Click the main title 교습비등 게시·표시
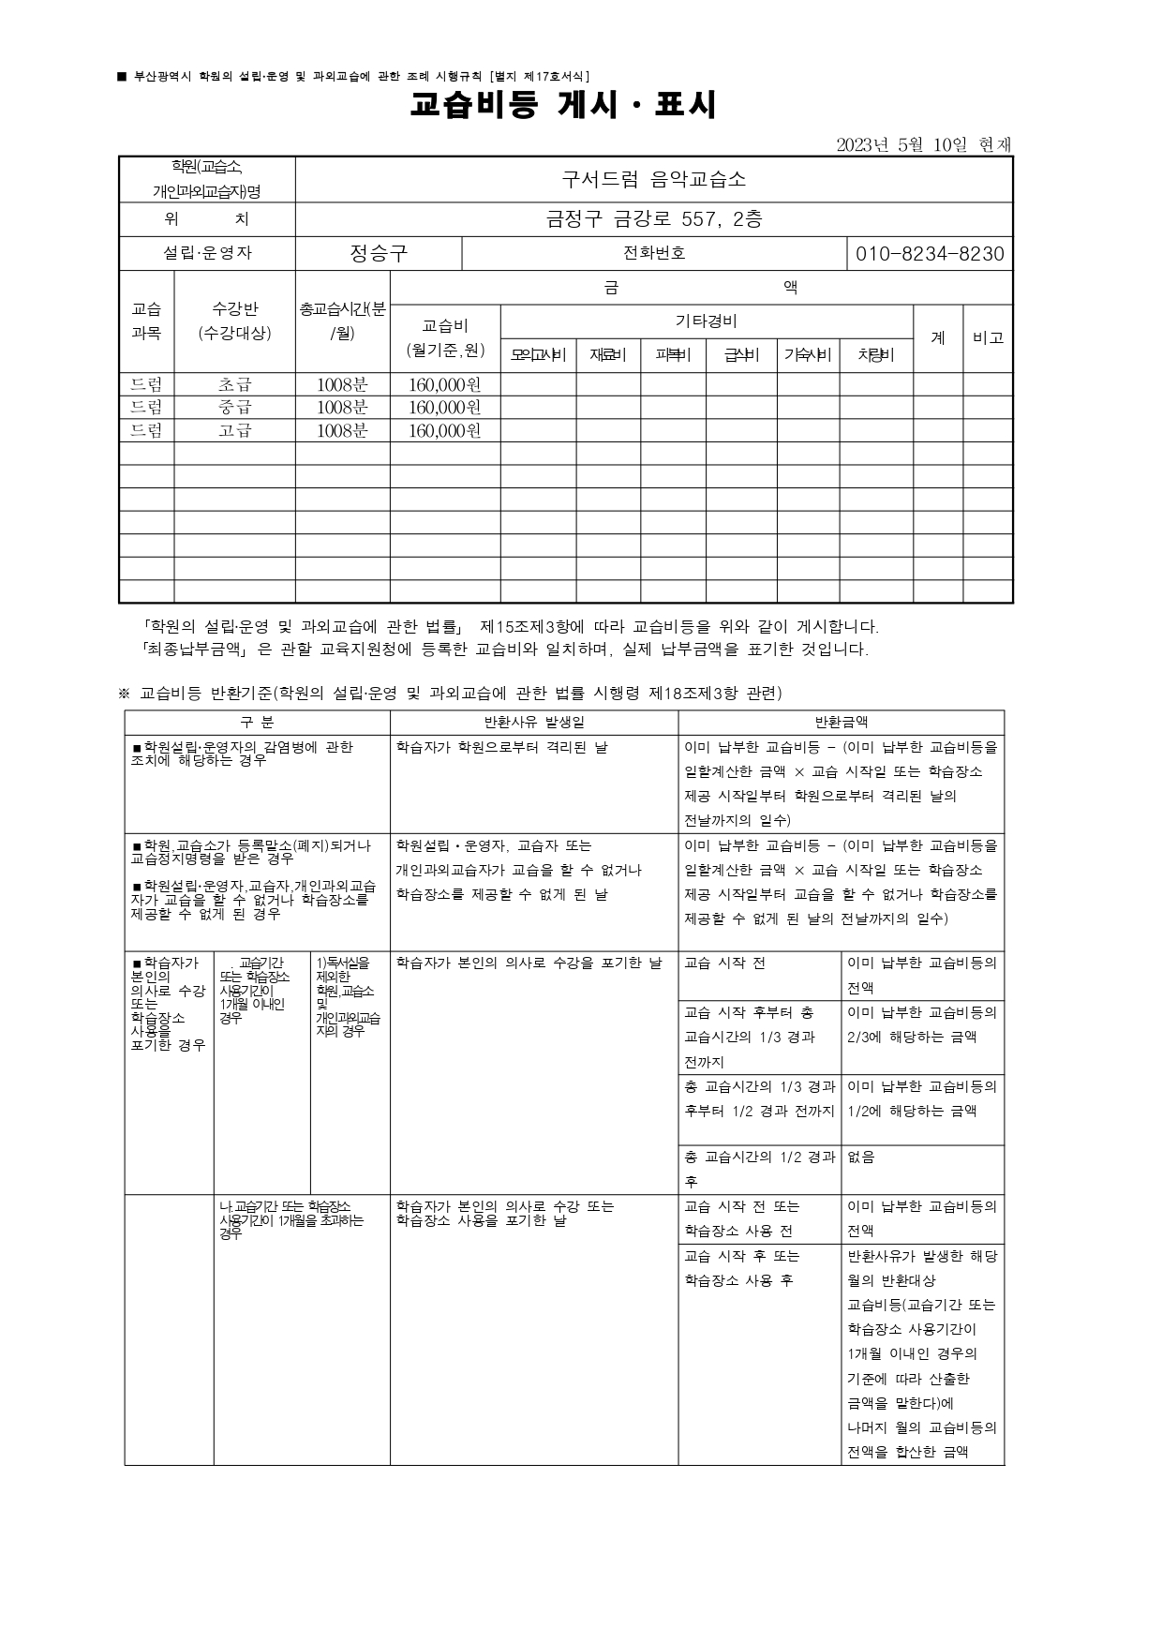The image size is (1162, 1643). click(x=563, y=106)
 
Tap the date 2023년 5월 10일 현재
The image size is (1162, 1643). click(x=924, y=144)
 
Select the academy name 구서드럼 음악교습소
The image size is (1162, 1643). click(x=654, y=179)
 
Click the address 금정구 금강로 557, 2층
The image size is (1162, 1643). click(x=654, y=219)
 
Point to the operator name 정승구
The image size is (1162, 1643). click(x=379, y=253)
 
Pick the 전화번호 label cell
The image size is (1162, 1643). click(x=654, y=253)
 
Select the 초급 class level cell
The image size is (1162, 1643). click(x=235, y=384)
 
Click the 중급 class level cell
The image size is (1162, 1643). click(x=235, y=408)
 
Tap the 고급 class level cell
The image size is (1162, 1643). click(x=235, y=430)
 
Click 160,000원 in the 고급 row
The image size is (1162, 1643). click(x=445, y=431)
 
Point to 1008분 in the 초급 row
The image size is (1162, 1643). click(x=342, y=384)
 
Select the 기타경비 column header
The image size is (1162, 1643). click(x=707, y=321)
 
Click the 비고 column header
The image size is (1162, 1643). click(x=988, y=337)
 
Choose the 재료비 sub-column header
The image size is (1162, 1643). click(x=608, y=355)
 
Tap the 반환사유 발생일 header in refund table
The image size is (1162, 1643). click(x=534, y=722)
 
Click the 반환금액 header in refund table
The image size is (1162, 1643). click(x=841, y=722)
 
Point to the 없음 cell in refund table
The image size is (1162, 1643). click(x=860, y=1158)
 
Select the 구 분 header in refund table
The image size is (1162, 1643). click(x=257, y=722)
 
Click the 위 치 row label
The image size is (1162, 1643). click(x=207, y=219)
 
